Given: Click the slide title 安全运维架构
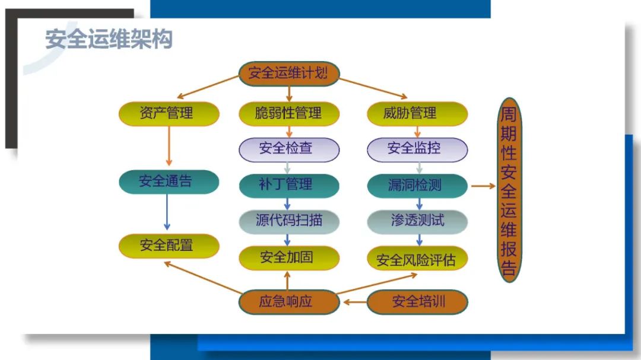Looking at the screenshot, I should (x=109, y=40).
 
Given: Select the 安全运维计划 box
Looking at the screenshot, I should (x=288, y=74).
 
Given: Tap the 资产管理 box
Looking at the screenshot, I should (x=169, y=113).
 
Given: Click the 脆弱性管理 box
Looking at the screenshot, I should (x=288, y=113).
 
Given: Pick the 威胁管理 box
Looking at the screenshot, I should (x=417, y=113).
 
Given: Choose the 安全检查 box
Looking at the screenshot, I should (x=288, y=149).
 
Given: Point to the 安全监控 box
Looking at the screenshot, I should (x=417, y=149).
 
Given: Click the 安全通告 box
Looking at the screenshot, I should (x=169, y=181).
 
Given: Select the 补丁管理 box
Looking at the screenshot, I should (x=288, y=185).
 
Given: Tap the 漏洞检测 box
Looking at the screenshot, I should (x=417, y=186).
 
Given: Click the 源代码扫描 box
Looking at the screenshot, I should (x=288, y=221).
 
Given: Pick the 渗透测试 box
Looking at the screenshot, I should (x=417, y=221).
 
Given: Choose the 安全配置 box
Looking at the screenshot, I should (x=169, y=245).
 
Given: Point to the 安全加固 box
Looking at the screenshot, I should (x=288, y=258).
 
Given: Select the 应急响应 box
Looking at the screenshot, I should (x=288, y=302).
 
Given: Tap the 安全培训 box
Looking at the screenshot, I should (x=417, y=302).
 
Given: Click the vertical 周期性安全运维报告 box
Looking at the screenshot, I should (x=509, y=190).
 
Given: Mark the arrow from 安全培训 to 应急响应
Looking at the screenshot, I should (x=354, y=302).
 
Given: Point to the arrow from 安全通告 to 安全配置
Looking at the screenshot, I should (x=167, y=212).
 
